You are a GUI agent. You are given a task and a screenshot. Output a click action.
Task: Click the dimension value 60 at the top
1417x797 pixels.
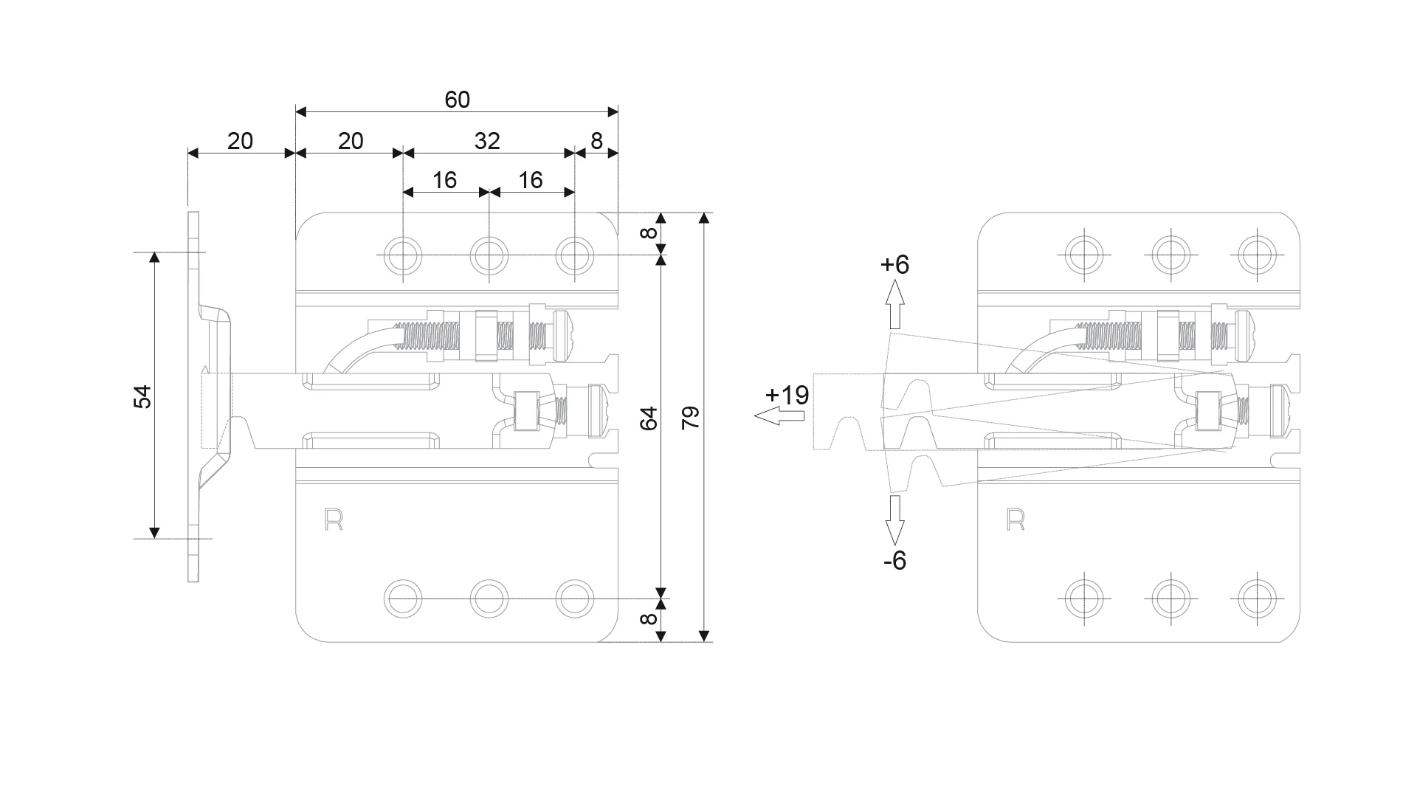pyautogui.click(x=457, y=100)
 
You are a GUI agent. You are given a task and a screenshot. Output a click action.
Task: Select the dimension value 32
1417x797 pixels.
pyautogui.click(x=487, y=141)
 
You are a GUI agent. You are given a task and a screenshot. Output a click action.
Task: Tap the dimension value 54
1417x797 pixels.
pyautogui.click(x=142, y=396)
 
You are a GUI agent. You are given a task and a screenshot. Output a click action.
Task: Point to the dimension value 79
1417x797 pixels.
pyautogui.click(x=691, y=418)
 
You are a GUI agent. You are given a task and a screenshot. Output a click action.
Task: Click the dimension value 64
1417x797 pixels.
pyautogui.click(x=649, y=418)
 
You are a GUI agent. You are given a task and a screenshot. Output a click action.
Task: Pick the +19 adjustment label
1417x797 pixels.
pyautogui.click(x=787, y=396)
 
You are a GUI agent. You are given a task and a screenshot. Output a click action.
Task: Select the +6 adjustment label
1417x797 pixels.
pyautogui.click(x=894, y=264)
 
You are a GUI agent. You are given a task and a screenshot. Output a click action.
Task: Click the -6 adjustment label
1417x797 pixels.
pyautogui.click(x=894, y=561)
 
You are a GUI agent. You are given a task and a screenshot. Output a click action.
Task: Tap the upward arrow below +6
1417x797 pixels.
pyautogui.click(x=895, y=303)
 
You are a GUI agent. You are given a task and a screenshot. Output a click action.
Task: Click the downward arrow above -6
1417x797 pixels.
pyautogui.click(x=895, y=520)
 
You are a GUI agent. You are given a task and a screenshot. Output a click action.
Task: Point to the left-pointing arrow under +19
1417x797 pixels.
pyautogui.click(x=779, y=417)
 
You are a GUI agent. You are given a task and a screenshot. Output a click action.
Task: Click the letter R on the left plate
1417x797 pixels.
pyautogui.click(x=334, y=520)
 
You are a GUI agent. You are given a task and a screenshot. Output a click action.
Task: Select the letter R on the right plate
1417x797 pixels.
pyautogui.click(x=1016, y=520)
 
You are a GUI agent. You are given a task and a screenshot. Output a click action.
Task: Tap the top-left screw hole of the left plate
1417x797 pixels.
pyautogui.click(x=403, y=255)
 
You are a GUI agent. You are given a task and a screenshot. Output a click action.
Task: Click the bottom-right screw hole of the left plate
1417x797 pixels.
pyautogui.click(x=574, y=598)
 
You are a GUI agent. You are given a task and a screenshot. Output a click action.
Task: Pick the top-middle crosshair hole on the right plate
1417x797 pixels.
pyautogui.click(x=1171, y=255)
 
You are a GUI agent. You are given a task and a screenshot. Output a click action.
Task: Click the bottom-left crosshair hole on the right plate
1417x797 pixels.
pyautogui.click(x=1084, y=598)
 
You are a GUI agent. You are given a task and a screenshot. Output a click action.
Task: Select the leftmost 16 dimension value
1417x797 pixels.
pyautogui.click(x=444, y=180)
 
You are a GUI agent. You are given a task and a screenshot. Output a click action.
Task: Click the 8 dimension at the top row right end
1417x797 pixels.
pyautogui.click(x=596, y=141)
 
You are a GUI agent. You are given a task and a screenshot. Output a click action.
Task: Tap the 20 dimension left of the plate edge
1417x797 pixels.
pyautogui.click(x=240, y=141)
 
